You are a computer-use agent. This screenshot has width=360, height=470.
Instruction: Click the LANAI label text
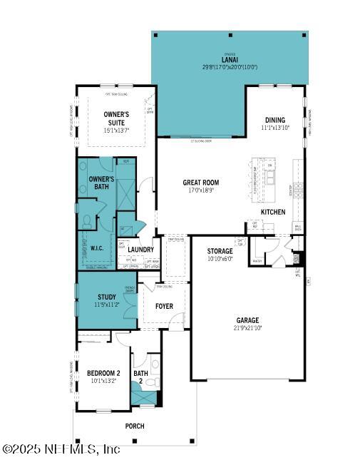(x=230, y=59)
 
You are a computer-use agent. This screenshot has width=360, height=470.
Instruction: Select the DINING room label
(x=275, y=120)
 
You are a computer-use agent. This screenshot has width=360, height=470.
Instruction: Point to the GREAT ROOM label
(x=200, y=183)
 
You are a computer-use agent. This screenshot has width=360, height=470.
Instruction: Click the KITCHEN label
(x=272, y=212)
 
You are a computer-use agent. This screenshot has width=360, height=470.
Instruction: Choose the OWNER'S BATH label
(x=101, y=183)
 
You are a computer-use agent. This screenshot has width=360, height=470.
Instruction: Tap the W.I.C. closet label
(x=97, y=249)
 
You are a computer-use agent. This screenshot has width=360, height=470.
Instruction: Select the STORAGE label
(x=220, y=251)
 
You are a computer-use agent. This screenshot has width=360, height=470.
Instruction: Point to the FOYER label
(x=165, y=307)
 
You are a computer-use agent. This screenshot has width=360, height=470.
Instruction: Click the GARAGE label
(x=248, y=320)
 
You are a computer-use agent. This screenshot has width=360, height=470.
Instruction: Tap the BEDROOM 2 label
(x=103, y=372)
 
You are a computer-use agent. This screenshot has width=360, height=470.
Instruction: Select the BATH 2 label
(x=140, y=377)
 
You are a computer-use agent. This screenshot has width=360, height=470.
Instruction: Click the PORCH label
(x=135, y=426)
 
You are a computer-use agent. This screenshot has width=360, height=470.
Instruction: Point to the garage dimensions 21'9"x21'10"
(x=248, y=328)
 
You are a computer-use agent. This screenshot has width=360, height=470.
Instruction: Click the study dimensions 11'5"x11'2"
(x=107, y=305)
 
